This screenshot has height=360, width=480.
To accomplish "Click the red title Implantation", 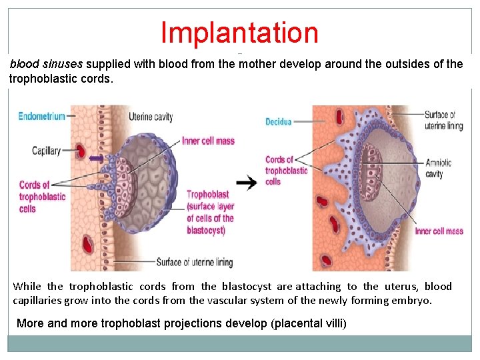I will click(239, 32).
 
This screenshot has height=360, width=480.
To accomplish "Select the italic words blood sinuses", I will click(46, 65).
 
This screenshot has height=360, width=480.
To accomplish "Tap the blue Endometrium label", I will click(41, 116).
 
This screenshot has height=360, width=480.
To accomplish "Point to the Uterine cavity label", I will click(150, 117).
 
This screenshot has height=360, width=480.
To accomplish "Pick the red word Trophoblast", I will click(207, 195).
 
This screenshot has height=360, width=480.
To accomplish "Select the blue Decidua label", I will click(279, 121).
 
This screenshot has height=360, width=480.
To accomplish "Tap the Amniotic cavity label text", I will click(438, 168).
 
